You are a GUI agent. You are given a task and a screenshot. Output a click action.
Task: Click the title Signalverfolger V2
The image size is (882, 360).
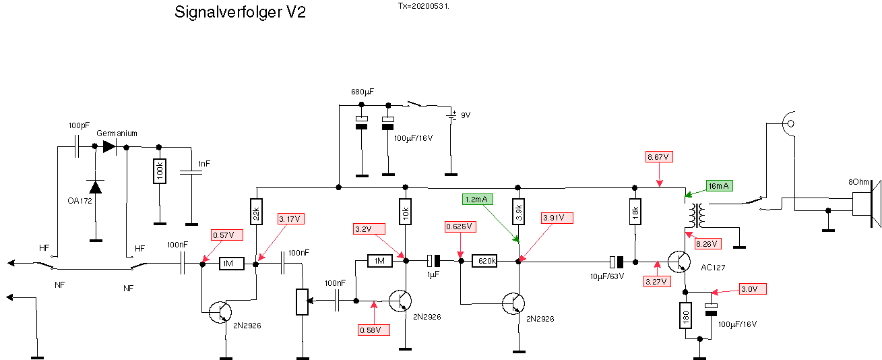coord(240,12)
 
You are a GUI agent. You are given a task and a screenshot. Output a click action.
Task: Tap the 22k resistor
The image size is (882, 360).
coord(256,214)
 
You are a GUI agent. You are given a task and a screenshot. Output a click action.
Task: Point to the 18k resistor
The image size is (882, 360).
coord(634,214)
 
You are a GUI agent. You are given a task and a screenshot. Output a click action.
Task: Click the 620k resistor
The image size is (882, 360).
coord(488,260)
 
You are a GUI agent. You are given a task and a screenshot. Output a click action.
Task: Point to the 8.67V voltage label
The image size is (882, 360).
coord(658,157)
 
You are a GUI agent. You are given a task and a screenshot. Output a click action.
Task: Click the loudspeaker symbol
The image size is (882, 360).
coord(865,204)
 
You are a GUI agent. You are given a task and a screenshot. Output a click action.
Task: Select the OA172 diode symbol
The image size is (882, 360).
coord(96,187)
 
